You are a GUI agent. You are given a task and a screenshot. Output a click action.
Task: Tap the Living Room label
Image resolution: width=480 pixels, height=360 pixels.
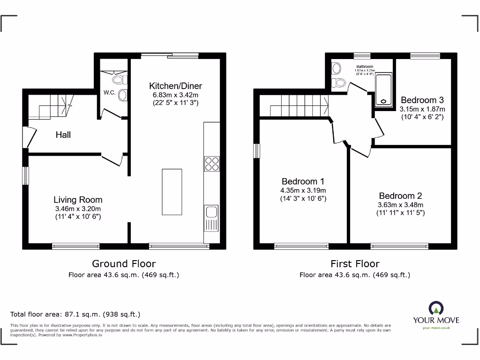coord(78,200)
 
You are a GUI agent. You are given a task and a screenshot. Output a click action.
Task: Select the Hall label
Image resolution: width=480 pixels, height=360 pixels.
coord(63,135)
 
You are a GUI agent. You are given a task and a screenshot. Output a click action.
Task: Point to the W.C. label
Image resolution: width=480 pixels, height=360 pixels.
coord(110,93)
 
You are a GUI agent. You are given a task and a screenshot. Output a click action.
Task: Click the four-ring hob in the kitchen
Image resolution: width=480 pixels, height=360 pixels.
coord(211,163)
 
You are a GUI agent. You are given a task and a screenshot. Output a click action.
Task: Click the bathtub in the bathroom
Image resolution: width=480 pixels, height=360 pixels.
coord(384,90)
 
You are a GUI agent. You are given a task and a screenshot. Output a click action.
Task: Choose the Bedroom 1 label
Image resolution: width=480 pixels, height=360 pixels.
coord(303,181)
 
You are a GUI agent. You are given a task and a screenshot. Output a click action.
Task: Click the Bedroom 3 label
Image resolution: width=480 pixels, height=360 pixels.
coord(422,100)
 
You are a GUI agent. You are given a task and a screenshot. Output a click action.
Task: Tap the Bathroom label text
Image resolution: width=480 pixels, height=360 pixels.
coord(365,67)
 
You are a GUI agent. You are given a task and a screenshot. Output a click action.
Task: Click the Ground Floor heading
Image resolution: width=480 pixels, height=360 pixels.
coord(124,264)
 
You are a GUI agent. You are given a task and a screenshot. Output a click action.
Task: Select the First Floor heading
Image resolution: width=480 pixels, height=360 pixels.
coord(355,264)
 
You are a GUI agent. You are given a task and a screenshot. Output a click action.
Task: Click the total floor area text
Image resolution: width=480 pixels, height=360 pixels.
coord(75,315)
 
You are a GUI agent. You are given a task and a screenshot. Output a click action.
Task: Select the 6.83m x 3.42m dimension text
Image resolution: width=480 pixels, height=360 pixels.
coord(175,95)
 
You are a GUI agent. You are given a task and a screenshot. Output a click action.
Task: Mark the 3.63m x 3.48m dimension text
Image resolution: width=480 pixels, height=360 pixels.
coord(400,205)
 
